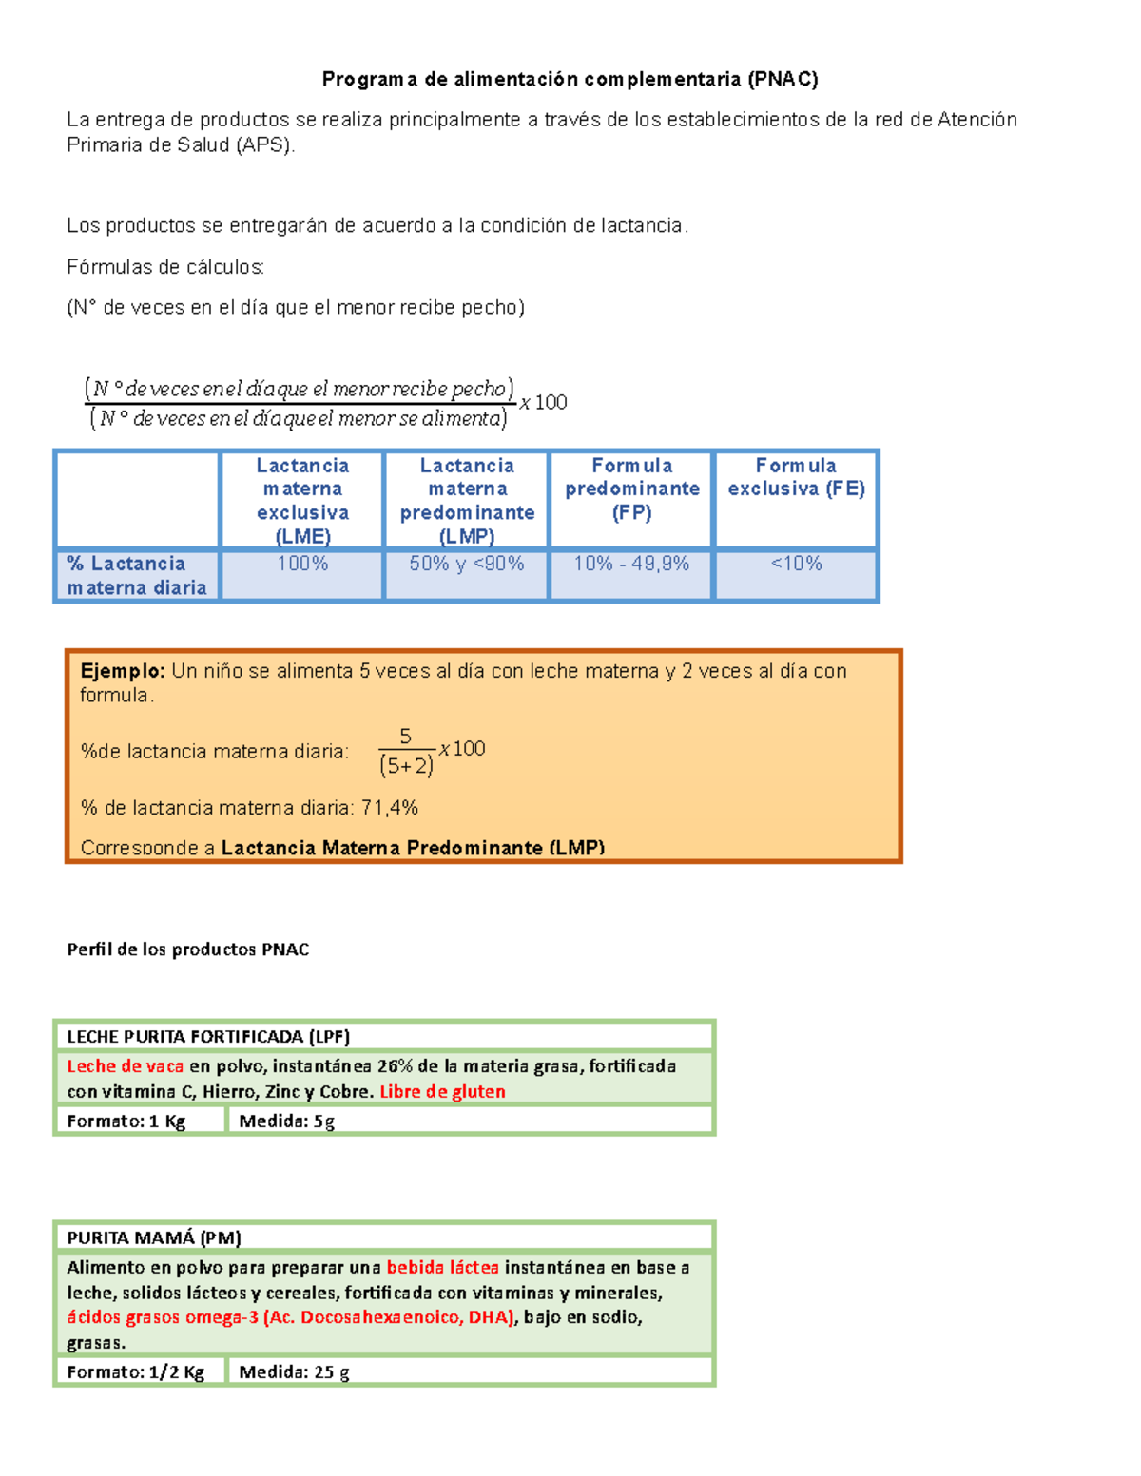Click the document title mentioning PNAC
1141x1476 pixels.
click(x=570, y=79)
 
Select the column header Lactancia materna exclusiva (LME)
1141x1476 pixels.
click(x=302, y=500)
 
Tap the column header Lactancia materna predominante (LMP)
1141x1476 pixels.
click(x=467, y=500)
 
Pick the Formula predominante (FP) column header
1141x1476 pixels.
click(x=632, y=489)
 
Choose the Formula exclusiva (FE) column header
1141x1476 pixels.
click(x=796, y=477)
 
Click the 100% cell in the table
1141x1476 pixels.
click(x=302, y=564)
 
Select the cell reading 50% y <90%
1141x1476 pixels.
click(x=467, y=564)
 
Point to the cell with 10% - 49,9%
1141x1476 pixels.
click(x=631, y=564)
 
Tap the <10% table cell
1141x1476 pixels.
click(x=796, y=564)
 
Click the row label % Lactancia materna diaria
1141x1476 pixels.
click(x=137, y=576)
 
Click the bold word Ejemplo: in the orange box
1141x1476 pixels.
click(x=123, y=671)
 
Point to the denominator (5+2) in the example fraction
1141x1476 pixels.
click(x=406, y=766)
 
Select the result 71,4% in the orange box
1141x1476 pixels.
click(x=390, y=808)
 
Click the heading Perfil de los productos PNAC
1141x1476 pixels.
click(x=188, y=949)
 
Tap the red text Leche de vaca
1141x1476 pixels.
click(x=125, y=1066)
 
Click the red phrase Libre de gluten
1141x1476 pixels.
click(x=442, y=1092)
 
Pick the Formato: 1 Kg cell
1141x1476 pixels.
click(x=126, y=1121)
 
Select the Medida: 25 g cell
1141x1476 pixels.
click(x=294, y=1372)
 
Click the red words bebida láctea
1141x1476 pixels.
click(x=442, y=1268)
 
